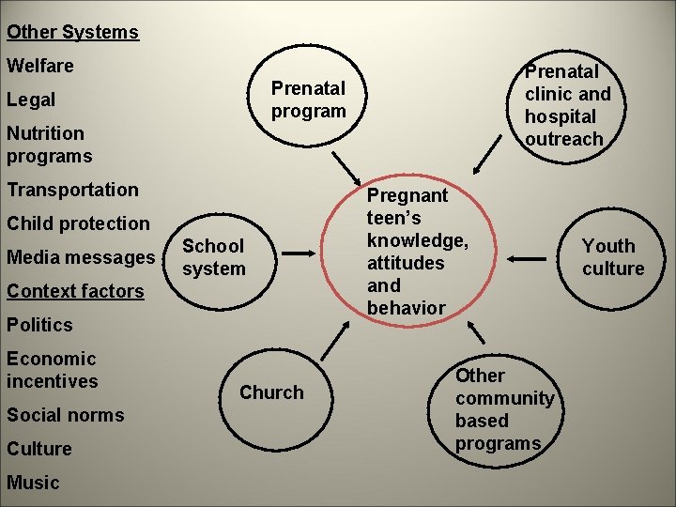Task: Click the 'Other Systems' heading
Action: [x=72, y=32]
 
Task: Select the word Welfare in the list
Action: [x=40, y=66]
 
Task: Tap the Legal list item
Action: [x=31, y=100]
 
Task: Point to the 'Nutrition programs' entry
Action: [x=50, y=145]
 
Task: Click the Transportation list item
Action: [x=72, y=190]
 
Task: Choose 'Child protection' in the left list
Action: [x=78, y=223]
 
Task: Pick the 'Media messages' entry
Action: [x=81, y=257]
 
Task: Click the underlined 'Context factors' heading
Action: [x=75, y=291]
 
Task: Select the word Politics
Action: [x=39, y=325]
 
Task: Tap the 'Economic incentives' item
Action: [x=52, y=370]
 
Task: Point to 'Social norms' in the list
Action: [x=66, y=415]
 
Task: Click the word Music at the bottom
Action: [x=33, y=483]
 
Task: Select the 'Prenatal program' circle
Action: [x=309, y=100]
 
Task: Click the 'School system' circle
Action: [x=214, y=256]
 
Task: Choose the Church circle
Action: [x=272, y=392]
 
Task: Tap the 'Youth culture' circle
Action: [x=612, y=256]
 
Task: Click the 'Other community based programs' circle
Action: [x=504, y=409]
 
